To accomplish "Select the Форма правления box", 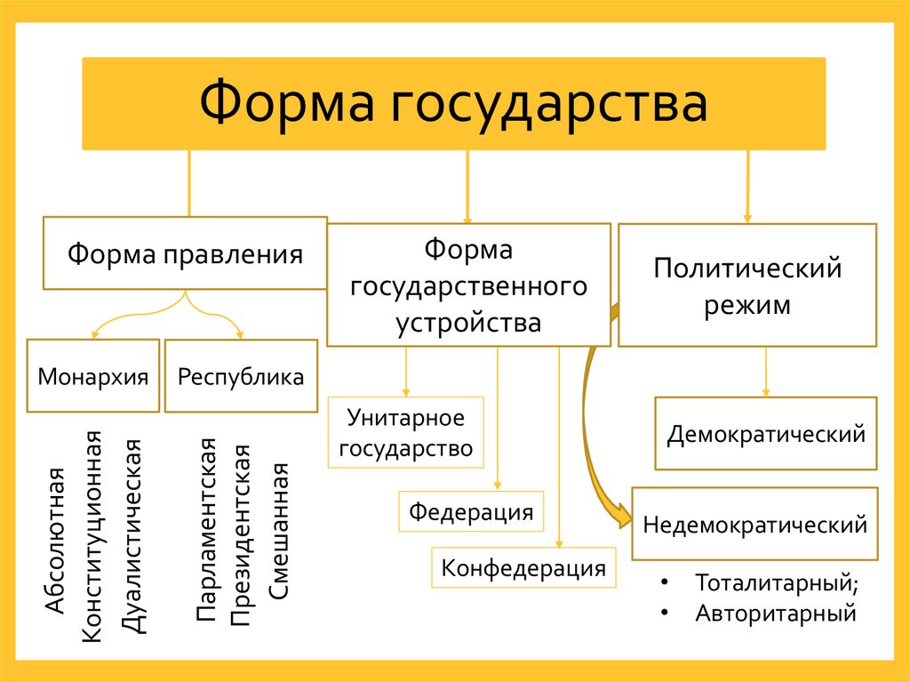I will click(185, 253).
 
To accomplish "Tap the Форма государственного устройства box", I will click(468, 285).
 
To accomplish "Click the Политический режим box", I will click(746, 285).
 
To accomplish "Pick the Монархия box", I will click(92, 376).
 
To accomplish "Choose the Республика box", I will click(241, 376).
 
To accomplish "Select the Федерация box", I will click(471, 512).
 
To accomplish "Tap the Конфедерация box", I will click(523, 567).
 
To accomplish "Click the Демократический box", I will click(766, 434).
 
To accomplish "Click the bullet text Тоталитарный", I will click(777, 584).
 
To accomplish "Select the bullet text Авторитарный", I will click(775, 613).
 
